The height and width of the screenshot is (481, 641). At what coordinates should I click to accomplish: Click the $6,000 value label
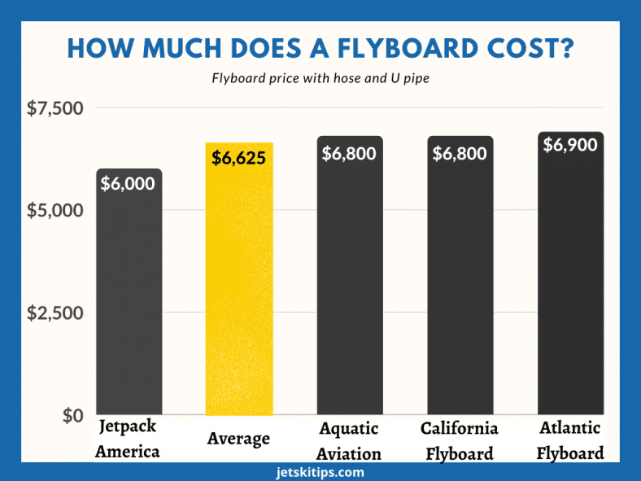click(128, 184)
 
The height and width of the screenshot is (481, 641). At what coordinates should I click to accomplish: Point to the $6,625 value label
click(238, 158)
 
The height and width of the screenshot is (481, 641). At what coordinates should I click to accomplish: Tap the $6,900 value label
click(570, 146)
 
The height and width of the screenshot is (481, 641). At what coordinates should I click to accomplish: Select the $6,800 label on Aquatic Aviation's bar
click(349, 153)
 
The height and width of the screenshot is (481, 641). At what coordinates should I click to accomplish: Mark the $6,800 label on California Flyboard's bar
click(460, 153)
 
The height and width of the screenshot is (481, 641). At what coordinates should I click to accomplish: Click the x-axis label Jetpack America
click(128, 439)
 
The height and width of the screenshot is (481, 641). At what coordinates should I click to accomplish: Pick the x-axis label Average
click(238, 439)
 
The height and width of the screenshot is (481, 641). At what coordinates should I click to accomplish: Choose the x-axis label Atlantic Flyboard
click(570, 439)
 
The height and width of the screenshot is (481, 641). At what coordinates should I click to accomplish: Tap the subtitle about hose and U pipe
click(320, 79)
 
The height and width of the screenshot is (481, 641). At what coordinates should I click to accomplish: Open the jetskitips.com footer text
click(320, 472)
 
